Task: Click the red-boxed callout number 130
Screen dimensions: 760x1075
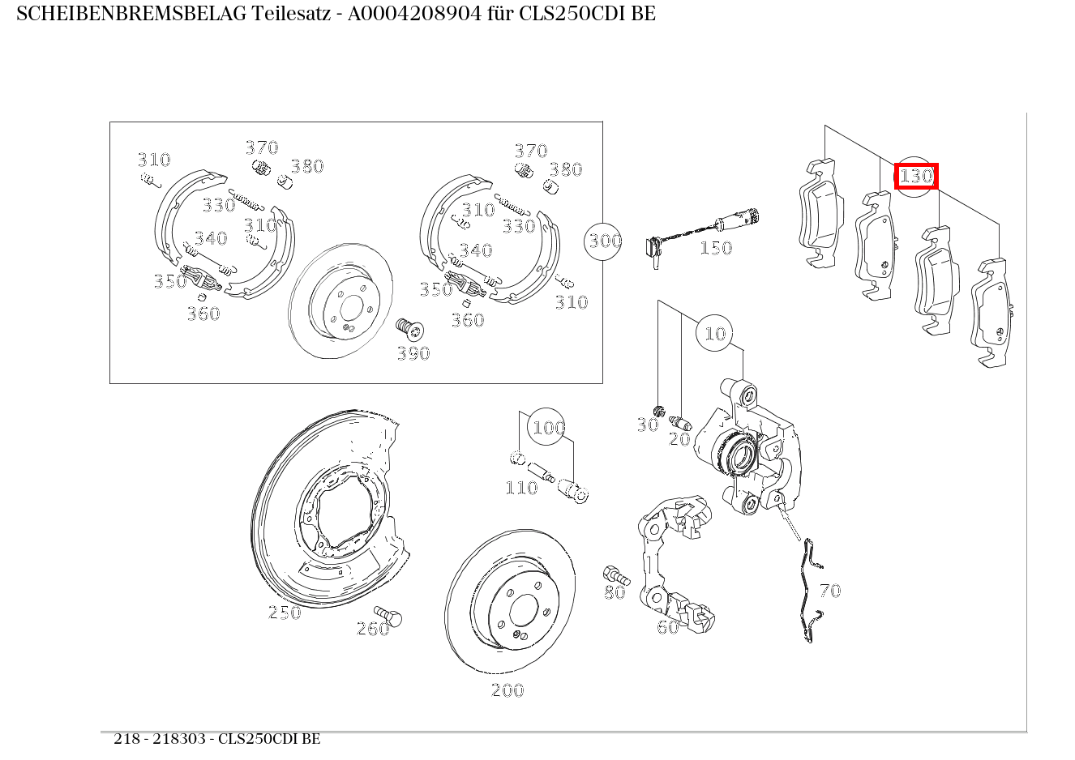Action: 916,176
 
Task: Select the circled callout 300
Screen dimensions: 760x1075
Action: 605,241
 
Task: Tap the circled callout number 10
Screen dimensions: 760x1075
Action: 715,333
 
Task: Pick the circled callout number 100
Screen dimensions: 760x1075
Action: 548,428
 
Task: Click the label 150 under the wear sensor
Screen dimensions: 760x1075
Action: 715,248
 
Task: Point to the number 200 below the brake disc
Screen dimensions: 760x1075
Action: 508,690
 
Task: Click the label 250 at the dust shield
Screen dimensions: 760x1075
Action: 285,613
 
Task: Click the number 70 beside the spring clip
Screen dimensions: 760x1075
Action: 830,591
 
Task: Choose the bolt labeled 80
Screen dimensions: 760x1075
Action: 616,576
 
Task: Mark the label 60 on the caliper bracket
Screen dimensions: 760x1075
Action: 667,627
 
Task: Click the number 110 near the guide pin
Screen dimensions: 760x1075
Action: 521,488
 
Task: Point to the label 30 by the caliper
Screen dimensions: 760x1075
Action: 647,425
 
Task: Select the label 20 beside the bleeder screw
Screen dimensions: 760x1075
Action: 679,439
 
